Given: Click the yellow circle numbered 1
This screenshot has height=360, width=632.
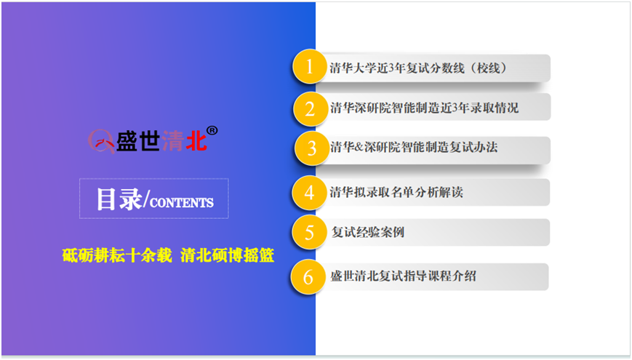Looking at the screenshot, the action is tap(310, 66).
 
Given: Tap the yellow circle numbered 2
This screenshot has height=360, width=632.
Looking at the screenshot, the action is tap(310, 109).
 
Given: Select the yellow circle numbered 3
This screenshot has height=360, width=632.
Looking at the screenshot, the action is tap(311, 148).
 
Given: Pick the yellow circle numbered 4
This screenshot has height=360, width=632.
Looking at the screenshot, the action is tap(309, 192).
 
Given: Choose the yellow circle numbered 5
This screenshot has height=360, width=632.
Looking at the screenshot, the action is tap(309, 232).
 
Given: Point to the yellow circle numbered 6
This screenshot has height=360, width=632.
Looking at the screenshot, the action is tap(308, 276).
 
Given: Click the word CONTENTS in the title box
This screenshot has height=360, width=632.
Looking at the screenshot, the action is tap(181, 202).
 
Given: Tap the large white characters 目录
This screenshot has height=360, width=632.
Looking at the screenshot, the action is tap(119, 199).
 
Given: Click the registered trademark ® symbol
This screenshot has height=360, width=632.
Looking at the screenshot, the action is tap(212, 131).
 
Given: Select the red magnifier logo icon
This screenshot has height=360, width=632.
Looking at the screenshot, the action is tap(100, 141).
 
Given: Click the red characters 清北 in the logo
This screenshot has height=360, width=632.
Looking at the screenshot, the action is tap(184, 141).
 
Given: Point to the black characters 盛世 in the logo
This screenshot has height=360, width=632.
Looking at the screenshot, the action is tap(138, 141).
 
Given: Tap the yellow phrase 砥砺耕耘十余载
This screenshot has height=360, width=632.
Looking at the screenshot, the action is tap(117, 255).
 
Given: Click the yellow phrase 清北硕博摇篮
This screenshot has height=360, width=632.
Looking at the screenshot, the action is tap(228, 255).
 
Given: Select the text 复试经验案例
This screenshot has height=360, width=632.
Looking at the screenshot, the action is tap(367, 232).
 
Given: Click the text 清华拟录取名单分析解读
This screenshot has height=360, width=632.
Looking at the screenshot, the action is tap(396, 192).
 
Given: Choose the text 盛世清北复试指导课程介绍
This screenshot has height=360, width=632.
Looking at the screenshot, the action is tap(403, 276).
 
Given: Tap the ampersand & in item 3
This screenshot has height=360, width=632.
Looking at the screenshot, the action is tap(359, 147).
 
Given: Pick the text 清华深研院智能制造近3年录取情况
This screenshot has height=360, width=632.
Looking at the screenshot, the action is tap(425, 108).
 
